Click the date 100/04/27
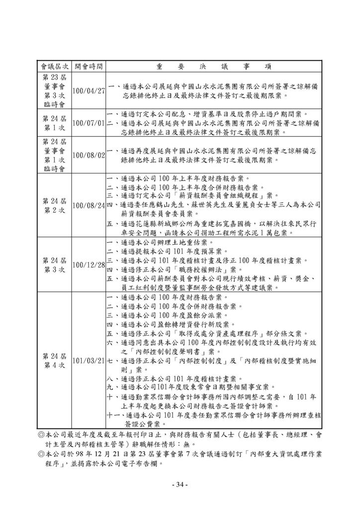tap(89, 91)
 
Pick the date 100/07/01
tap(89, 123)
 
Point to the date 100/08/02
tap(89, 155)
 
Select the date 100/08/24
tap(89, 205)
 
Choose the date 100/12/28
tap(89, 264)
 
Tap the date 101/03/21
tap(89, 360)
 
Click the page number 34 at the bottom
tap(180, 485)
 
